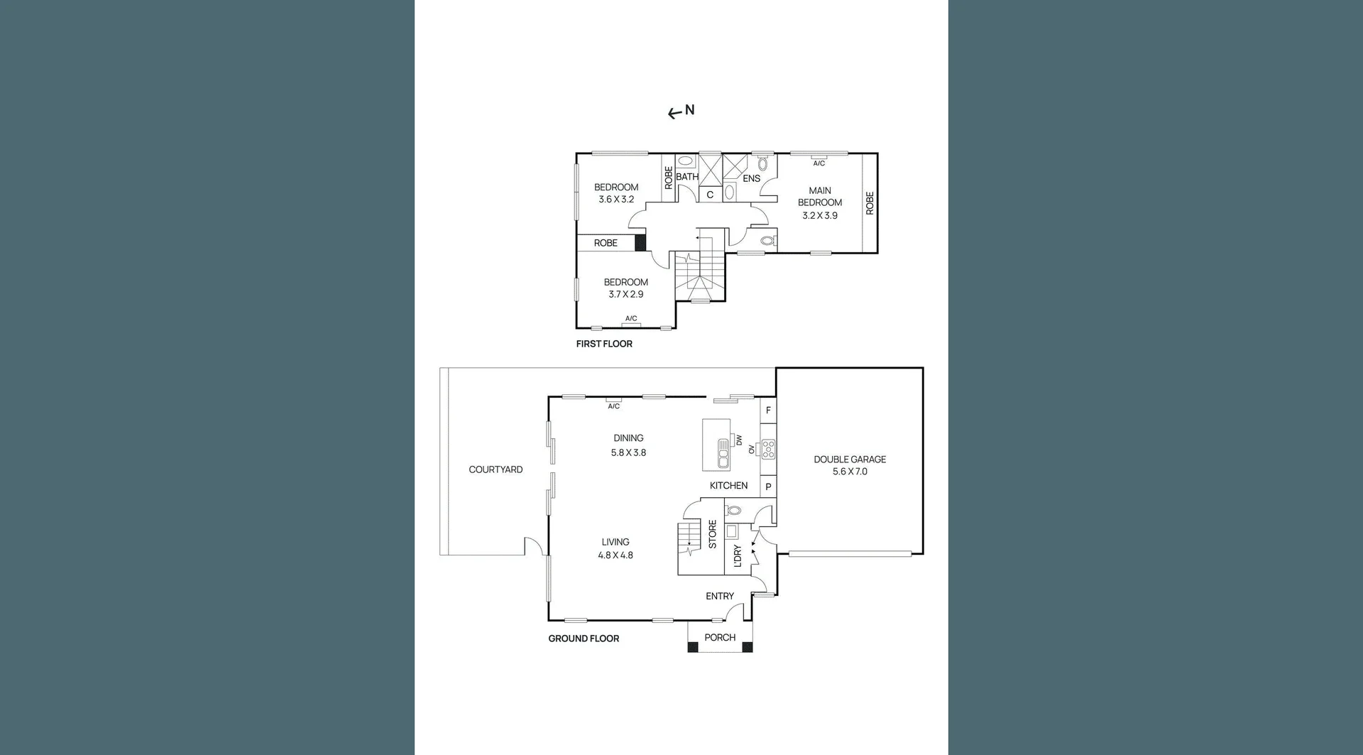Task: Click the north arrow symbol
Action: pos(681,112)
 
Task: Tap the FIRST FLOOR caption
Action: pos(603,344)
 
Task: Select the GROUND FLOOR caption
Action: pos(584,639)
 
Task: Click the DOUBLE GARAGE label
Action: pos(850,460)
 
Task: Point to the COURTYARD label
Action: pos(496,469)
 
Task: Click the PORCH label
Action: pos(720,638)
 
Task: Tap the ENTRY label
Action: pos(720,596)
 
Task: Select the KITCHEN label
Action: pos(728,486)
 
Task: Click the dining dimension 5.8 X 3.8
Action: pos(628,452)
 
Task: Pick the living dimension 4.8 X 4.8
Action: pos(615,555)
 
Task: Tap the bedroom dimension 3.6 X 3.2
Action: pos(616,200)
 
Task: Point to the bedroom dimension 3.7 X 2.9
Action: pos(626,294)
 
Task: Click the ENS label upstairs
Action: pos(752,178)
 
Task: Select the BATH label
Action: pos(687,177)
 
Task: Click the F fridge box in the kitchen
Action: pos(768,411)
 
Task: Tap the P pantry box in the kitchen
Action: pos(768,487)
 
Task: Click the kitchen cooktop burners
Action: pos(768,450)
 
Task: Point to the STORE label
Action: pos(713,534)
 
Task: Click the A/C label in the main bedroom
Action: pos(819,163)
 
